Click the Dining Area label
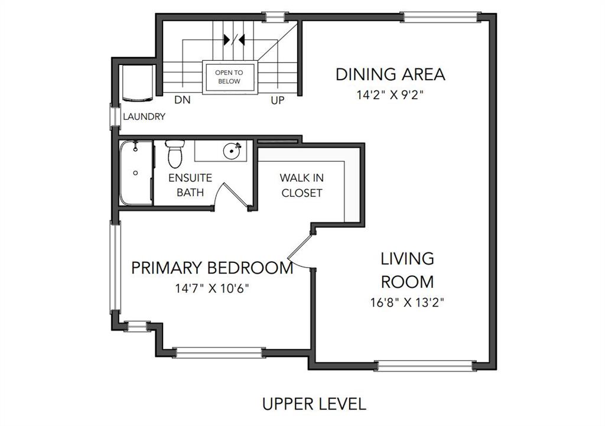[x=391, y=74]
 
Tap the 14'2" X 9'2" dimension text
[x=390, y=95]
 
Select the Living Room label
[x=408, y=270]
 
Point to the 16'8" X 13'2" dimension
[x=408, y=302]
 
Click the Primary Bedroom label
[x=212, y=268]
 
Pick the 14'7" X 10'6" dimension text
[x=212, y=288]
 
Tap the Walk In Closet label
[x=302, y=185]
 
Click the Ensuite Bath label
[x=190, y=185]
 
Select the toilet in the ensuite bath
[x=175, y=154]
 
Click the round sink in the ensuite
[x=232, y=151]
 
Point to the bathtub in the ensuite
[x=136, y=173]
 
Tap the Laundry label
[x=144, y=116]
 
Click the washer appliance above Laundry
[x=138, y=83]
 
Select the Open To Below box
[x=229, y=77]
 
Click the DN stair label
[x=183, y=100]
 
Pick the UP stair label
[x=278, y=100]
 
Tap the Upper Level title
[x=314, y=404]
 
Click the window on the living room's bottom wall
[x=425, y=366]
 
